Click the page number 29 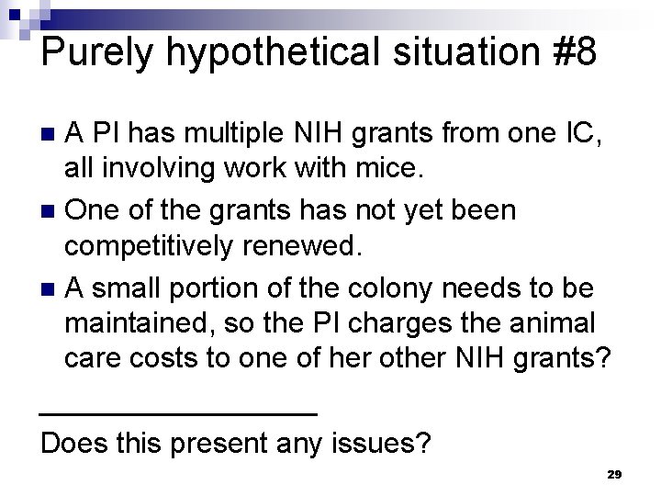pyautogui.click(x=614, y=474)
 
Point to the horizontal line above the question pyautogui.click(x=179, y=414)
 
